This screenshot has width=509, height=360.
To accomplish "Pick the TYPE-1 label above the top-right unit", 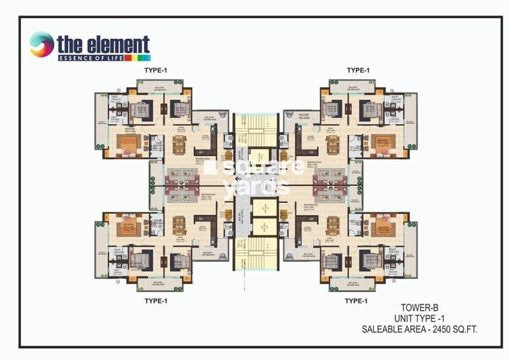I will coord(359,69).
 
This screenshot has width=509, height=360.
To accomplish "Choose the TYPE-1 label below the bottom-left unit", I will coord(155,300).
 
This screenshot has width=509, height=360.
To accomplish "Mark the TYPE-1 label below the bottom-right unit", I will coord(357,300).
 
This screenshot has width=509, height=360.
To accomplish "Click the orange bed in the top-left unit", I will coord(129,144).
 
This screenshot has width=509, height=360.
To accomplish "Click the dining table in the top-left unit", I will coord(179,145).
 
